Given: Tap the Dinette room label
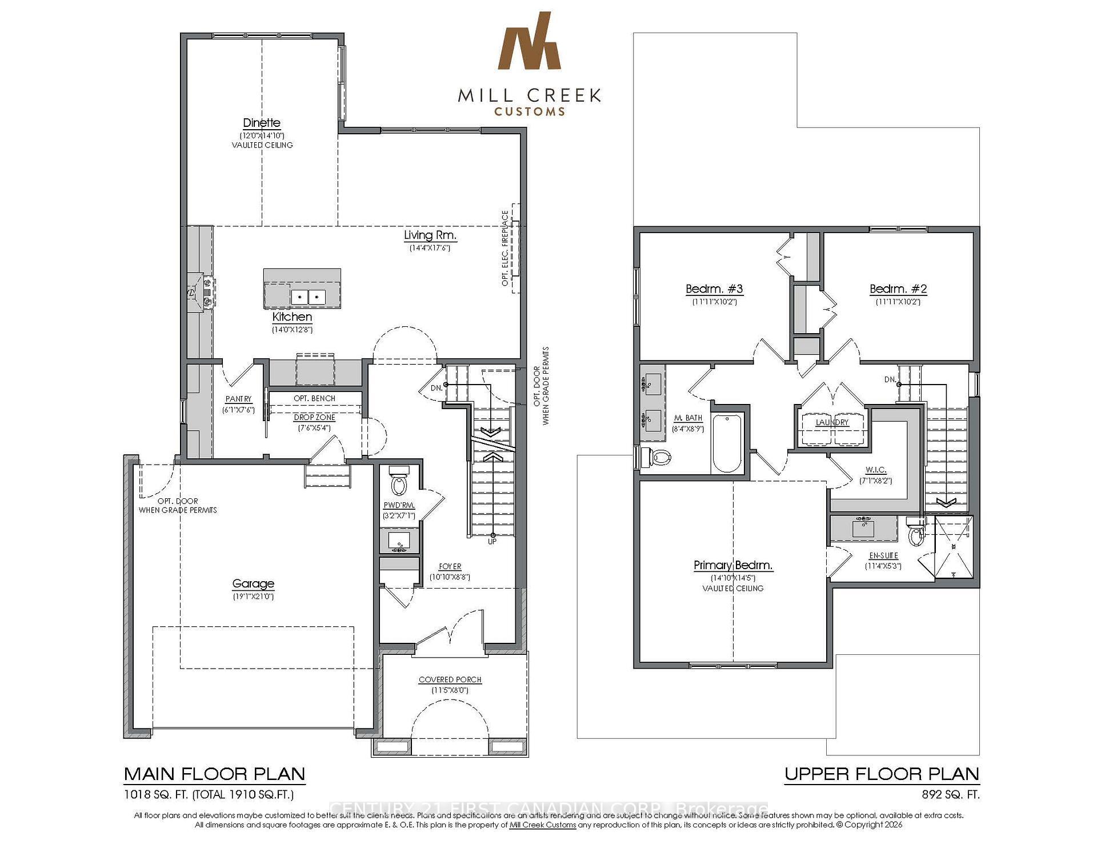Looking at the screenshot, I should coord(262,123).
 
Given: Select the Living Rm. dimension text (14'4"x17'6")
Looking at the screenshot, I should coord(430,248).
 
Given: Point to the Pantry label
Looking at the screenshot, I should coord(238,399).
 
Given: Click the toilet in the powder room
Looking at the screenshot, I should coord(398,483).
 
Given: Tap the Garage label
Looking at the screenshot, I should coord(253,583).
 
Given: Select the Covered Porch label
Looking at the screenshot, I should coord(450,679).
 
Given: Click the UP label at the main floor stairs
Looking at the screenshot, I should coord(492,541).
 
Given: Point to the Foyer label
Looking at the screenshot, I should coord(450,566).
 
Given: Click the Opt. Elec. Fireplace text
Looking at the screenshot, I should coord(505,249).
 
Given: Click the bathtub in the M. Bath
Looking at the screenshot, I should coord(727,443).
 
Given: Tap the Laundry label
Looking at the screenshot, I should coord(832,422).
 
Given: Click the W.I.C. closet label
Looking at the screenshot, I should coord(875,470).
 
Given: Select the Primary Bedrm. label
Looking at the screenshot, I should coord(733,565).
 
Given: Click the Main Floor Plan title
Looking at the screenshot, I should coord(214,774).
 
